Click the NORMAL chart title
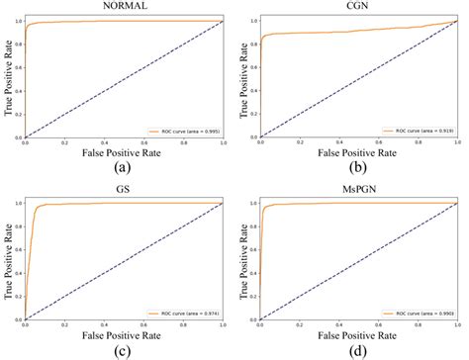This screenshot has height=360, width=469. point(123,7)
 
